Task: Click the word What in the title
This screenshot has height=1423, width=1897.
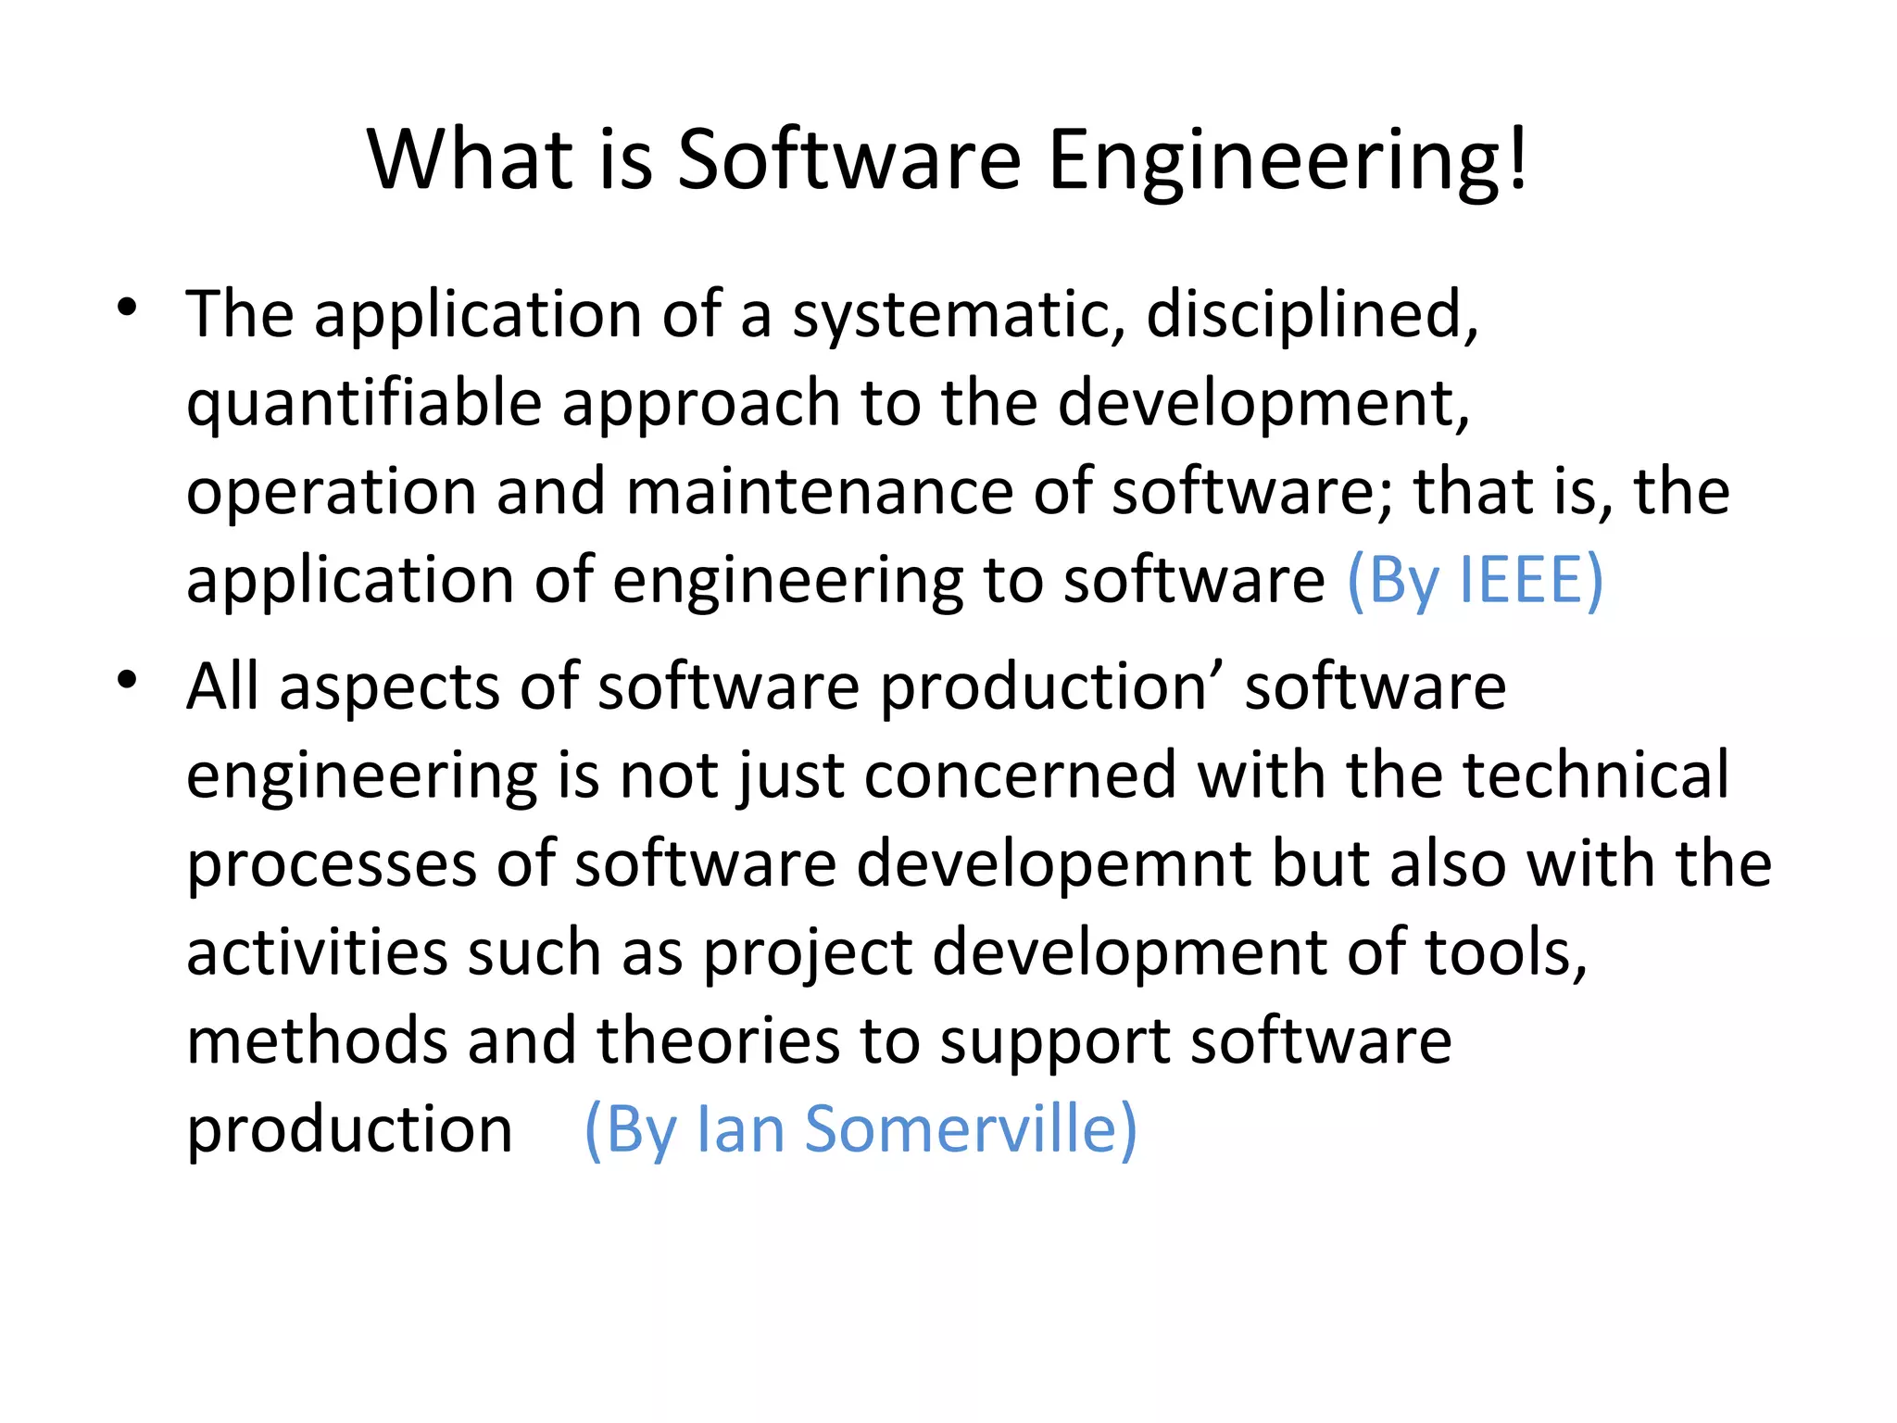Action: (471, 159)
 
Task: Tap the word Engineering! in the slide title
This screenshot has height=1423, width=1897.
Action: (1288, 159)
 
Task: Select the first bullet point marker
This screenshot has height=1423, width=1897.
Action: (128, 308)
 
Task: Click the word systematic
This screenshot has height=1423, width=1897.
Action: (950, 315)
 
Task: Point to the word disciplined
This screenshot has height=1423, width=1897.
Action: (1310, 315)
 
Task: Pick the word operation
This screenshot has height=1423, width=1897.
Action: (332, 493)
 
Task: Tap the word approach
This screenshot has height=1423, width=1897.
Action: (700, 404)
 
